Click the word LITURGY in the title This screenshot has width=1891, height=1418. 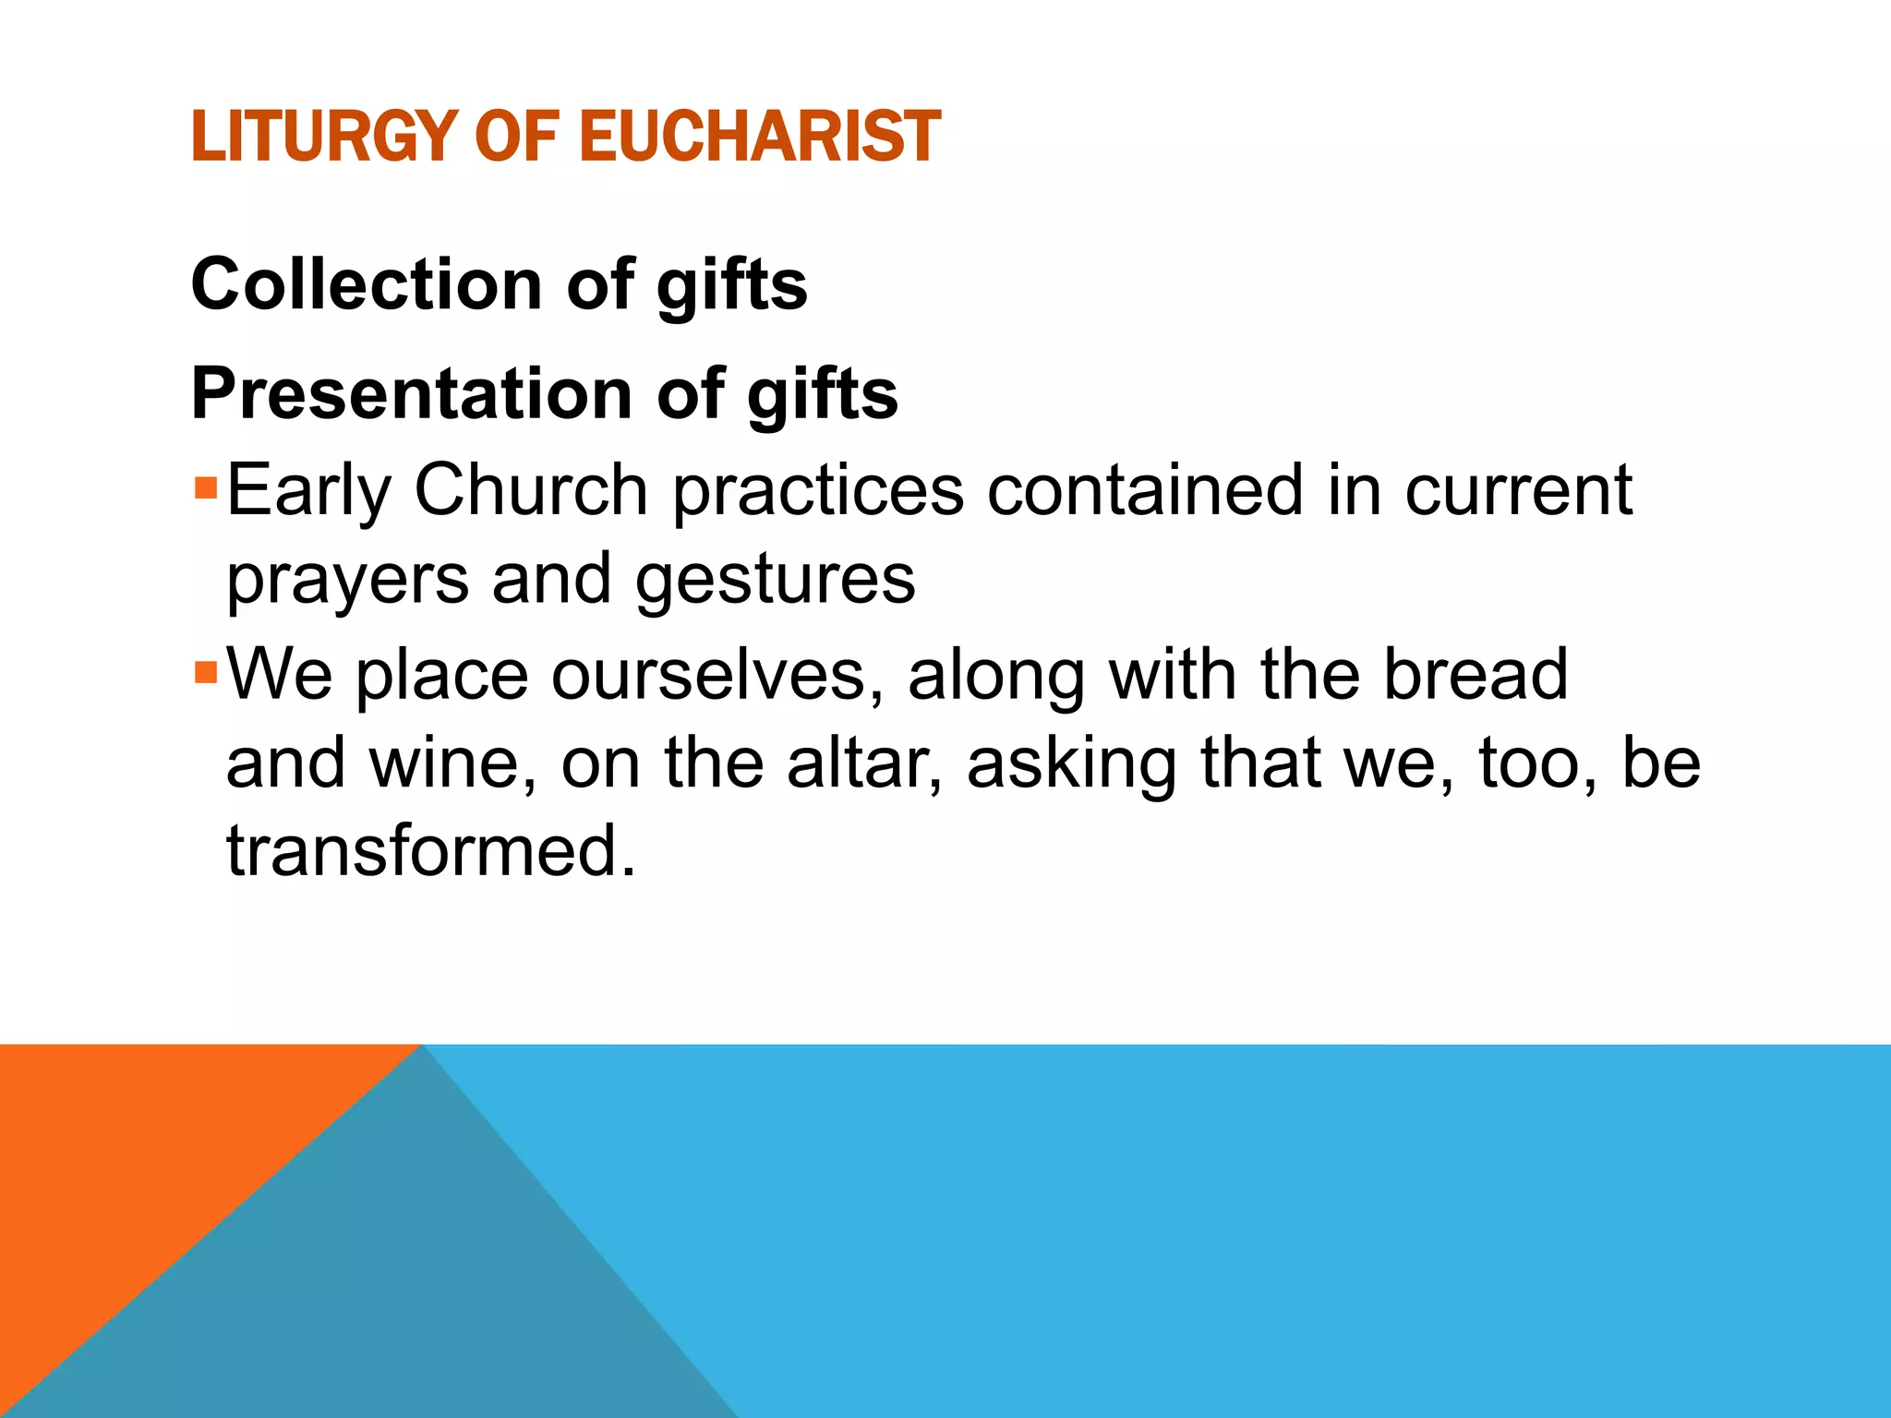pyautogui.click(x=324, y=137)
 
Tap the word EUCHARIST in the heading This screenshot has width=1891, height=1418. pyautogui.click(x=759, y=137)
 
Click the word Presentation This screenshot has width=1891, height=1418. pyautogui.click(x=412, y=394)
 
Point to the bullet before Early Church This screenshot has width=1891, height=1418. pyautogui.click(x=205, y=486)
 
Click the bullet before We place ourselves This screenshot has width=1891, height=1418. pyautogui.click(x=205, y=670)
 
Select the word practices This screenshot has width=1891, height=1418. pyautogui.click(x=818, y=491)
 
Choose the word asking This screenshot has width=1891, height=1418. pyautogui.click(x=1071, y=764)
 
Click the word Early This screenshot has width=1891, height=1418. pyautogui.click(x=309, y=491)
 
